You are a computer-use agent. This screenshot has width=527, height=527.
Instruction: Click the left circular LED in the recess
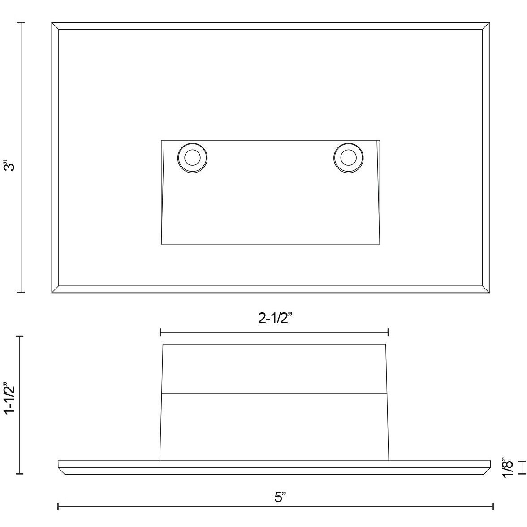pyautogui.click(x=192, y=158)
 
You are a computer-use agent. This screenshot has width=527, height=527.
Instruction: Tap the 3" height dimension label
pyautogui.click(x=10, y=165)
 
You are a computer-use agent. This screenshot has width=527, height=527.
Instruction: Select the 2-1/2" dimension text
pyautogui.click(x=275, y=318)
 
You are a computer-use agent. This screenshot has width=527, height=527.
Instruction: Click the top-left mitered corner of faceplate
pyautogui.click(x=56, y=26)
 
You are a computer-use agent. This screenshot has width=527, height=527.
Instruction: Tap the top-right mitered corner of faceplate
pyautogui.click(x=485, y=26)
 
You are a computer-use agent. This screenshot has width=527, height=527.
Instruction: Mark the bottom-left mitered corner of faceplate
pyautogui.click(x=56, y=289)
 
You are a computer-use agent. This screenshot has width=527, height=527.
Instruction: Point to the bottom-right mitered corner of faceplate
pyautogui.click(x=485, y=289)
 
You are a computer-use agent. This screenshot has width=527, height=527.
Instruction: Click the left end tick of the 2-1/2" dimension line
pyautogui.click(x=160, y=333)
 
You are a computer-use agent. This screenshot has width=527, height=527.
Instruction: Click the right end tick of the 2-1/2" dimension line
pyautogui.click(x=388, y=333)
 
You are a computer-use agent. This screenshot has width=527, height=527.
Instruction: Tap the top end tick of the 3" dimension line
pyautogui.click(x=21, y=22)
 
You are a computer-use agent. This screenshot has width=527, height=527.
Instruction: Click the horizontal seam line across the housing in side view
pyautogui.click(x=274, y=393)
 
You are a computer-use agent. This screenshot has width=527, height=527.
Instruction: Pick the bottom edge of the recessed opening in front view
pyautogui.click(x=270, y=244)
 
